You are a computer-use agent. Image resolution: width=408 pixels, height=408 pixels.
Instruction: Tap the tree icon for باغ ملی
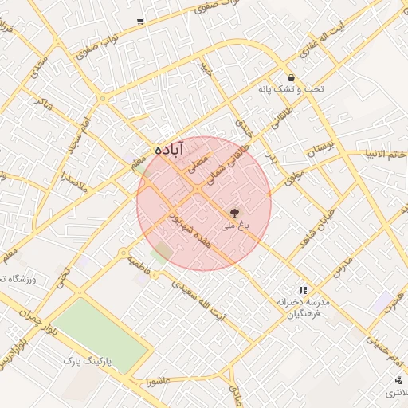[235, 213]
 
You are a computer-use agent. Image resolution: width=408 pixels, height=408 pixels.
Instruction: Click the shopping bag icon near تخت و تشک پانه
[291, 77]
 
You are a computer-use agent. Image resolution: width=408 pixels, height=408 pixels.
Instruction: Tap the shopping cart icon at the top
[140, 22]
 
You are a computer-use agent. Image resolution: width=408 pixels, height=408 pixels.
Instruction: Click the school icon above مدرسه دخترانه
[302, 290]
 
